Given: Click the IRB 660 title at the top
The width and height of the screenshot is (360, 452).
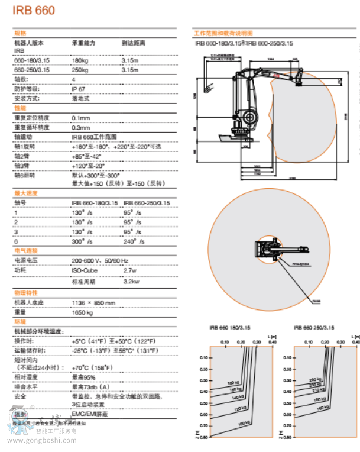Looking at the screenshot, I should [34, 10].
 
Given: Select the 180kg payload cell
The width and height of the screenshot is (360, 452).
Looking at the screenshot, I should [80, 61].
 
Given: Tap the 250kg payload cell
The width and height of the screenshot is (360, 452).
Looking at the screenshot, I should [80, 70].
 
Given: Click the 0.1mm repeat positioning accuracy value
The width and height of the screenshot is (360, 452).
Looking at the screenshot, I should [80, 118].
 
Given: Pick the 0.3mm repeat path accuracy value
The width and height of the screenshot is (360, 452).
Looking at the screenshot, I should [80, 127].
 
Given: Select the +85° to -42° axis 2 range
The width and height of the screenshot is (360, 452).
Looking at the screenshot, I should [86, 156].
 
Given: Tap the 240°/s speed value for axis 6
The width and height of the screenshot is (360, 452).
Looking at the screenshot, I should [133, 241].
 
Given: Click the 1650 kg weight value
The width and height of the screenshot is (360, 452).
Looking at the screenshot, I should [82, 312].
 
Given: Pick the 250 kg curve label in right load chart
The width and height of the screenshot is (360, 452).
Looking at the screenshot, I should [315, 379].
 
